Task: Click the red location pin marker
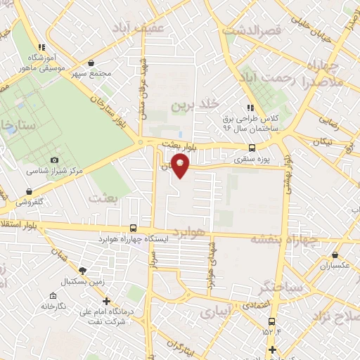181,166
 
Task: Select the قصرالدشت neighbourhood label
251,31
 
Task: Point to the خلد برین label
189,105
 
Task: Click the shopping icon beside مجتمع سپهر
91,63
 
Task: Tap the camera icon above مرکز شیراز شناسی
55,160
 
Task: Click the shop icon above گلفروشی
29,191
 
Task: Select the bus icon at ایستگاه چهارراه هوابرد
134,229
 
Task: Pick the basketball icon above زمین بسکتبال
83,271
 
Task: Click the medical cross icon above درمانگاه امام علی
106,301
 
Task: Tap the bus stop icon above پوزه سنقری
252,148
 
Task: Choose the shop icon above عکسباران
335,255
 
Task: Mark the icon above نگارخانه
53,296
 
